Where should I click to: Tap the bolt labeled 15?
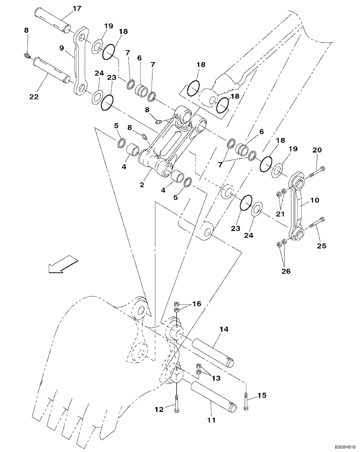246,401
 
